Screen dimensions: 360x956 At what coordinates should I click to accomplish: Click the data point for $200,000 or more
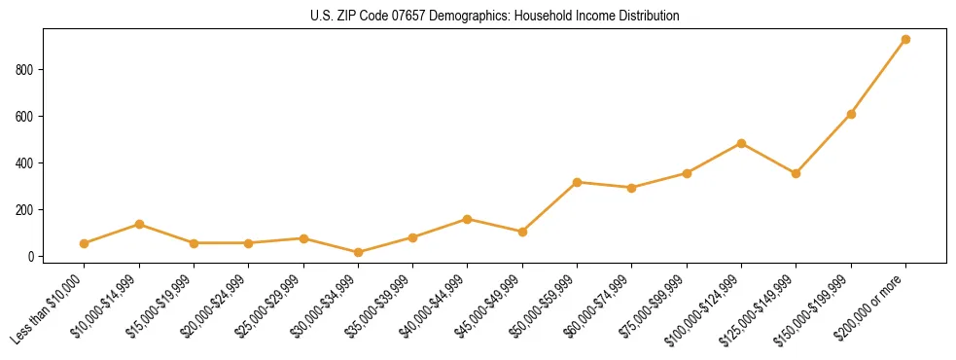[905, 40]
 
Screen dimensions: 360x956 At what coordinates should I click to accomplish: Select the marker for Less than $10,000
[85, 243]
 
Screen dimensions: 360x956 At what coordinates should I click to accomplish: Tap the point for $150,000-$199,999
[851, 114]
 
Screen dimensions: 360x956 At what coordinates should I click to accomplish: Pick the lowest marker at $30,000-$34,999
[358, 253]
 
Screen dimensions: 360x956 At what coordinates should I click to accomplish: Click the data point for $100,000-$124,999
[741, 143]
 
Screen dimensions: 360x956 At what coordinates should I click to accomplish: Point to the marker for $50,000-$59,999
[577, 182]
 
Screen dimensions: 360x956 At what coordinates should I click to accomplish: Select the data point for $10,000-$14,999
[139, 225]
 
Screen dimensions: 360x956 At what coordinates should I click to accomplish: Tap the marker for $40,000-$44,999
[468, 219]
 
